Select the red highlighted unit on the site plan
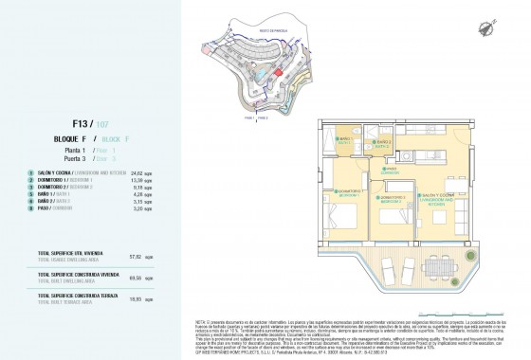(278, 71)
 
